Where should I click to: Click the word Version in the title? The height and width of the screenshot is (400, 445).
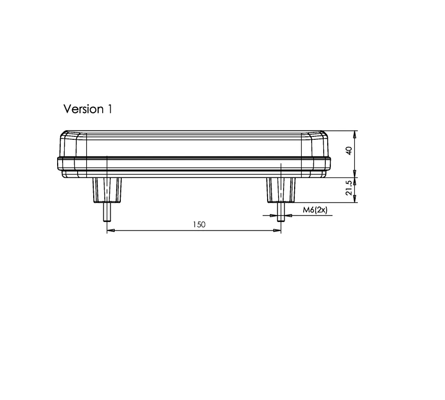pos(83,109)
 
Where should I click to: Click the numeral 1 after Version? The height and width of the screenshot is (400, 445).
pos(110,109)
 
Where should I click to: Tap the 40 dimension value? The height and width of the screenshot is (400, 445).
pos(349,151)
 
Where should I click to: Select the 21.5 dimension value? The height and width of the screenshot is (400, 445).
pos(349,188)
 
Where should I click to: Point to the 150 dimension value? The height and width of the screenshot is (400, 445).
pos(199,225)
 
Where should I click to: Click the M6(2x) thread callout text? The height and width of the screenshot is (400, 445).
pos(315,210)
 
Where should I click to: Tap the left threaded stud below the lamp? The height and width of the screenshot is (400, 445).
pos(107,212)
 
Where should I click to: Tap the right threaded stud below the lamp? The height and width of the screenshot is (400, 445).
pos(281,212)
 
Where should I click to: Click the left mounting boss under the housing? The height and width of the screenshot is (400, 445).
pos(107,190)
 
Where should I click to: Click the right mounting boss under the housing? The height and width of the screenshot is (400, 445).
pos(281,190)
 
